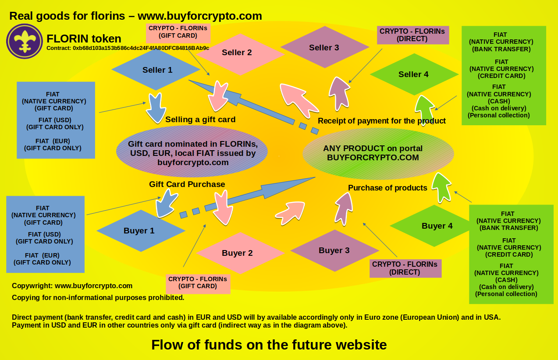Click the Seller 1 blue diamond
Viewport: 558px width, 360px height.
[x=156, y=70]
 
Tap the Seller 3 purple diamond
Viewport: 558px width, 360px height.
[x=324, y=47]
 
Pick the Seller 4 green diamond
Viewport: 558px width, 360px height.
[x=413, y=74]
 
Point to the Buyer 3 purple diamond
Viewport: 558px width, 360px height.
[x=334, y=251]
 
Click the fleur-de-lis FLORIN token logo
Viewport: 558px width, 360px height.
[x=25, y=41]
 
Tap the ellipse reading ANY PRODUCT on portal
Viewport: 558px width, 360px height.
[x=378, y=153]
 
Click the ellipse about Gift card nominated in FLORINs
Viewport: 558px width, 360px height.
[x=192, y=151]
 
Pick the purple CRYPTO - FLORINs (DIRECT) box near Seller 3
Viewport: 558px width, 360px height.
[x=412, y=35]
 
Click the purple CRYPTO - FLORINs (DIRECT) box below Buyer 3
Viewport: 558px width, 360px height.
[x=405, y=268]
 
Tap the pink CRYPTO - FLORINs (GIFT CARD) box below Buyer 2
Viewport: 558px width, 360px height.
[x=198, y=283]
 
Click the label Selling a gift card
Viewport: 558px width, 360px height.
[x=200, y=120]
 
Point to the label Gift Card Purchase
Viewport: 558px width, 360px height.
[x=187, y=184]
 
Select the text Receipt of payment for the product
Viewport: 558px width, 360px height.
[x=382, y=121]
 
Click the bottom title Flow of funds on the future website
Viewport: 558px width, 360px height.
[x=269, y=345]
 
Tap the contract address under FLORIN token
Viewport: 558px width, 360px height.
[x=128, y=48]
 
